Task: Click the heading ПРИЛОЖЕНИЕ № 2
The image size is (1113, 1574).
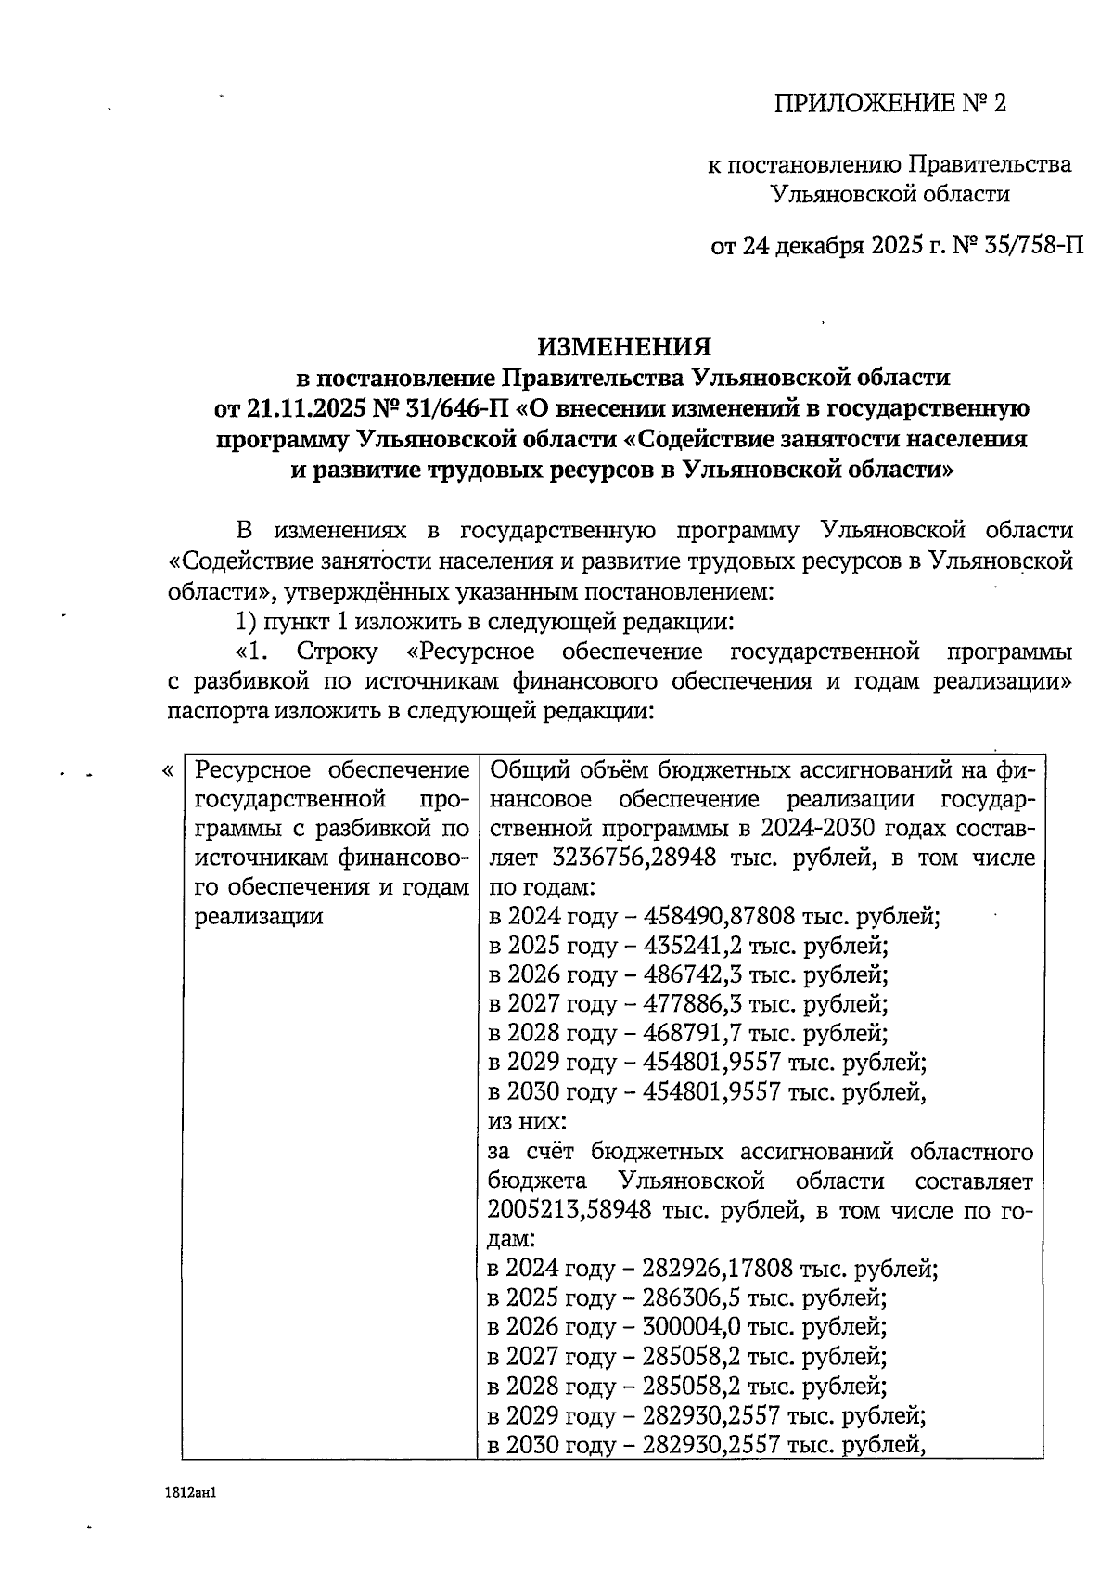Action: pos(890,103)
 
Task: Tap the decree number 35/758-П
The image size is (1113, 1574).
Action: pos(1030,247)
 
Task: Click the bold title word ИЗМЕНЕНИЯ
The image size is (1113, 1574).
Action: pos(624,346)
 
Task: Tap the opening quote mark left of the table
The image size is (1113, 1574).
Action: pos(167,771)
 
